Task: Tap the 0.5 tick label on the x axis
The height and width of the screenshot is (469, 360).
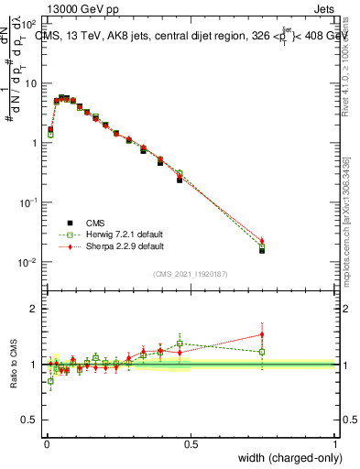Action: click(x=190, y=443)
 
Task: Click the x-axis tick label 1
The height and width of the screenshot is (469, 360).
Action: click(x=335, y=443)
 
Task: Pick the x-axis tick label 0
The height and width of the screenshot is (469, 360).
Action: click(x=45, y=443)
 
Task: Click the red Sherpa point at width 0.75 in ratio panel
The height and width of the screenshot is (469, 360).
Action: click(x=262, y=334)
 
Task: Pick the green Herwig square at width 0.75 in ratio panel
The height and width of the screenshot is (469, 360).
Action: click(x=262, y=352)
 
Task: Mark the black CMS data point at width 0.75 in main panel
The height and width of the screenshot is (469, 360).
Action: click(x=262, y=250)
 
